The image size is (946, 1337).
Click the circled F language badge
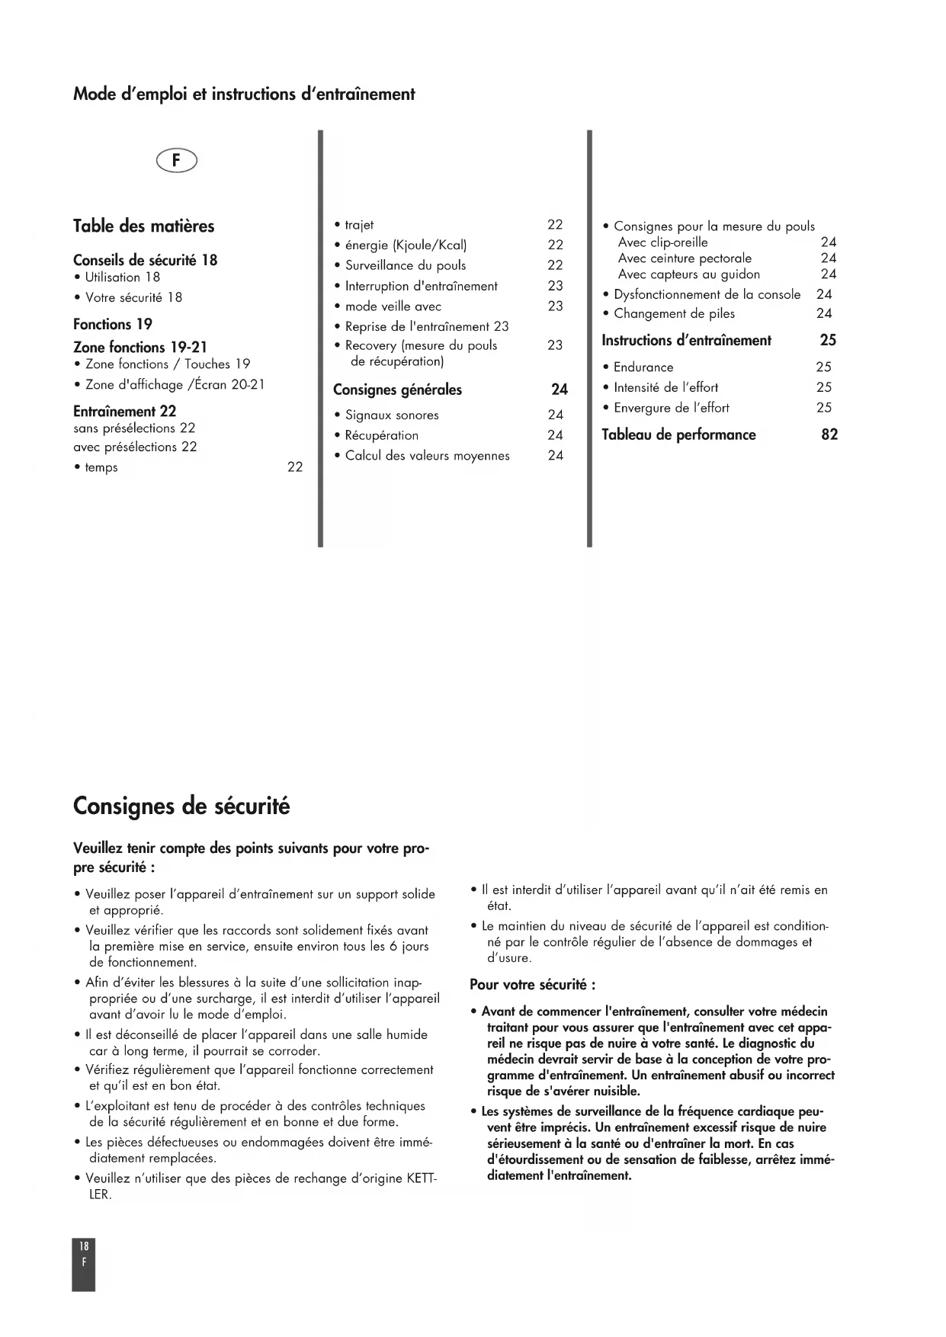pos(176,161)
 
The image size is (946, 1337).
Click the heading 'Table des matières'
pos(143,226)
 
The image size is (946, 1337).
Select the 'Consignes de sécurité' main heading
pos(181,806)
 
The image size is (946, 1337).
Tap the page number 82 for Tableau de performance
pos(829,434)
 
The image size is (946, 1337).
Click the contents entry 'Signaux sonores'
pos(392,415)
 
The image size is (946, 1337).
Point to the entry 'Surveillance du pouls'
pos(406,265)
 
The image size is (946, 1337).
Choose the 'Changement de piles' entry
pos(674,313)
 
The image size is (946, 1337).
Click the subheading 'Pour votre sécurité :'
pos(533,985)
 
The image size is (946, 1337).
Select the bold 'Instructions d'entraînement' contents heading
pos(686,341)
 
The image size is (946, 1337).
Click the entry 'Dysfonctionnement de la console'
pos(707,294)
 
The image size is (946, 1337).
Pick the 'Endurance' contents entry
pos(643,367)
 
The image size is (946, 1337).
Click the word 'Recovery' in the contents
pos(370,345)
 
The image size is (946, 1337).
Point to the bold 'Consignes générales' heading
pos(397,390)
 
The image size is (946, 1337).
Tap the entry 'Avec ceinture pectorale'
pos(685,258)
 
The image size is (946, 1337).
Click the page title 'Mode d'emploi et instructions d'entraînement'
pos(244,95)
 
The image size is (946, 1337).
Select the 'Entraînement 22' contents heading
pos(124,412)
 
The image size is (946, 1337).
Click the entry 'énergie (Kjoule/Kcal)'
pos(406,245)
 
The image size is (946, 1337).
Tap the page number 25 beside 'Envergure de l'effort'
pos(824,408)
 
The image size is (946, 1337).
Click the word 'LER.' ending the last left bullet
pos(100,1194)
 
